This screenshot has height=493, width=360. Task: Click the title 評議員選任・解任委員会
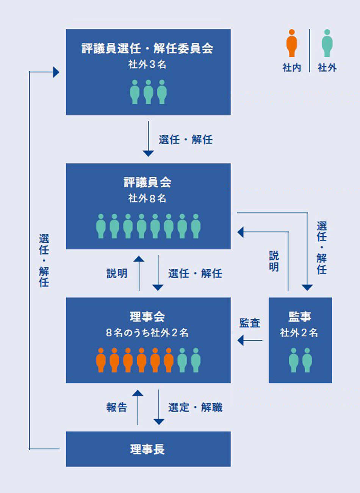coord(147,49)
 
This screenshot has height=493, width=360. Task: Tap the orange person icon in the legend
coord(291,43)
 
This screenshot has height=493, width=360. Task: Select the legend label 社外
coord(327,68)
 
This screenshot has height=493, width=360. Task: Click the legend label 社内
coord(292,68)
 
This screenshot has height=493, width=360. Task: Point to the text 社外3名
coord(147,64)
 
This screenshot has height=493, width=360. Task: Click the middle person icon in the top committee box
coord(148,92)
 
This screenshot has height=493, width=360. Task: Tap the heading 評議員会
coord(147,182)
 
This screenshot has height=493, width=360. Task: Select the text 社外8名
coord(147,198)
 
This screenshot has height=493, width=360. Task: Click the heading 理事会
coord(147,317)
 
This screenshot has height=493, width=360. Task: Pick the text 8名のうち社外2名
coord(147,333)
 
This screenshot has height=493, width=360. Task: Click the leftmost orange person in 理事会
coord(101,360)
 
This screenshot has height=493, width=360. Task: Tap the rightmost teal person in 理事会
coord(196,360)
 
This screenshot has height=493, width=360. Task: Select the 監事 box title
coord(300,317)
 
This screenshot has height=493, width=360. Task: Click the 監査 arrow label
coord(250,323)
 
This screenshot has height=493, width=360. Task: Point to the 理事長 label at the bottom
coord(147,449)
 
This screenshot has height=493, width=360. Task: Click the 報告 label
coord(117,408)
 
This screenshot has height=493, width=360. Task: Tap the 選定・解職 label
coord(195,408)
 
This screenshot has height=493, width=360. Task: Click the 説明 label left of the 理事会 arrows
coord(117,273)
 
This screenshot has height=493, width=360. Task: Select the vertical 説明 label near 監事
coord(274,261)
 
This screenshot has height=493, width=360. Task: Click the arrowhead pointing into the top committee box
coord(56,72)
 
